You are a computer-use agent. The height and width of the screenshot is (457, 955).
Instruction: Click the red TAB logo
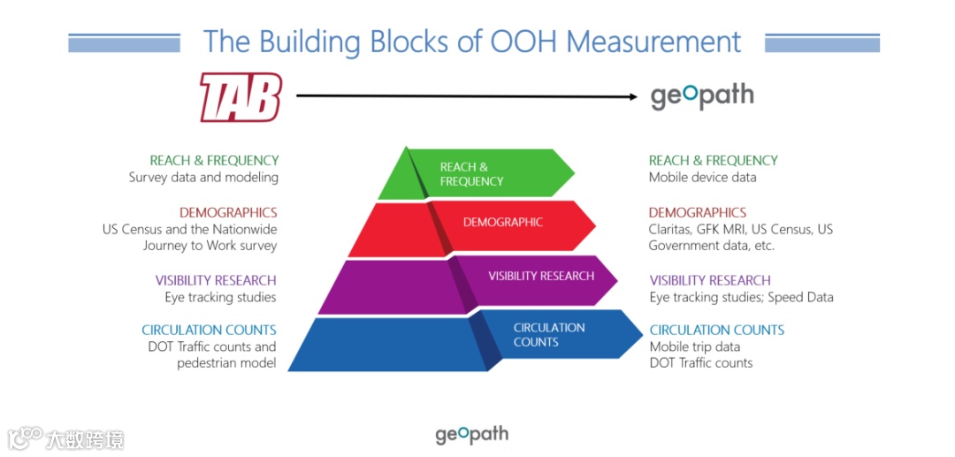tap(240, 96)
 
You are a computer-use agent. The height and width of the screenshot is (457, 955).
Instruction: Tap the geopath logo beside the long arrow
tap(702, 95)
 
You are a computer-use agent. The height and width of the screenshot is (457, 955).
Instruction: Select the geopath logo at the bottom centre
tap(471, 434)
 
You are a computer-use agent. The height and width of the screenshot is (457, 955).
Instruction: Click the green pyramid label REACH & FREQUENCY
tap(471, 174)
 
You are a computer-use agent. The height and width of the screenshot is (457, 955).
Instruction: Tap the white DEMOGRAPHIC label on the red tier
tap(502, 223)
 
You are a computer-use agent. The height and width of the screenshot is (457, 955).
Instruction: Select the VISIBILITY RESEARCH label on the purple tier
tap(541, 276)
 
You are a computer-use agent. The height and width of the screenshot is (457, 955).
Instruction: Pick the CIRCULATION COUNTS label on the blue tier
tap(548, 334)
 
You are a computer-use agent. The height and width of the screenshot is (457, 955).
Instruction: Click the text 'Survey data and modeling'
tap(203, 178)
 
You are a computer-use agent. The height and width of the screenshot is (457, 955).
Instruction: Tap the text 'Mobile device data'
tap(702, 178)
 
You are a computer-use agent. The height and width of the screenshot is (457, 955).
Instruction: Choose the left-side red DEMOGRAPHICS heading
tap(228, 213)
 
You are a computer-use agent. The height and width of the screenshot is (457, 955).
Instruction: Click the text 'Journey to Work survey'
tap(210, 246)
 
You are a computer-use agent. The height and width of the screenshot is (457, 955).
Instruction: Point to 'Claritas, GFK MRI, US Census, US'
tap(740, 230)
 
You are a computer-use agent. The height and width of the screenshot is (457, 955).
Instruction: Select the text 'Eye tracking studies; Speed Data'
tap(741, 298)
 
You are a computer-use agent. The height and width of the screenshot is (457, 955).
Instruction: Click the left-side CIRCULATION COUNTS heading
tap(209, 330)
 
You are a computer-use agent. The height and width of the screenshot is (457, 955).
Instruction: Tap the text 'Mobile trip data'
tap(695, 347)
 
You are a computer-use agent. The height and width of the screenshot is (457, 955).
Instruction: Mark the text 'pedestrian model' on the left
tap(226, 363)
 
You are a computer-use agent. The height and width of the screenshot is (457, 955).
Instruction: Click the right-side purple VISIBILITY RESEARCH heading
tap(710, 280)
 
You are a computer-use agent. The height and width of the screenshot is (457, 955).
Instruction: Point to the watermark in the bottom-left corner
tap(65, 438)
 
